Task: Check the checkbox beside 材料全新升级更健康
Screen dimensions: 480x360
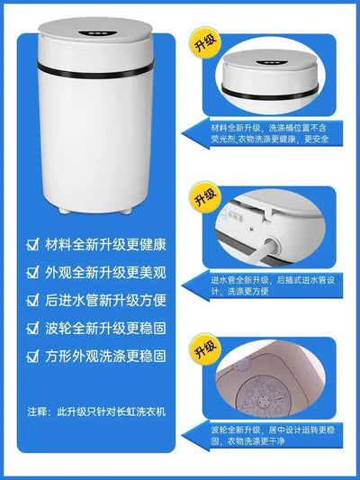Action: pyautogui.click(x=33, y=245)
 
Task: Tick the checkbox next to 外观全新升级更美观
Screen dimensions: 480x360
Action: pyautogui.click(x=33, y=272)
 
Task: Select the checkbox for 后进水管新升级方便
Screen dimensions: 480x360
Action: pyautogui.click(x=33, y=300)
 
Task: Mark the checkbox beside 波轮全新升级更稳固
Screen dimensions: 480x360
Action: pyautogui.click(x=33, y=328)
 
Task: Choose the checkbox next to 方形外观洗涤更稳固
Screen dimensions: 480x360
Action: pyautogui.click(x=33, y=356)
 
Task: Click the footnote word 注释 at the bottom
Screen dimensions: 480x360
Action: pyautogui.click(x=39, y=412)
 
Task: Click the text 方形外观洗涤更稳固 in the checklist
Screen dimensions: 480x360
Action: pyautogui.click(x=109, y=356)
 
